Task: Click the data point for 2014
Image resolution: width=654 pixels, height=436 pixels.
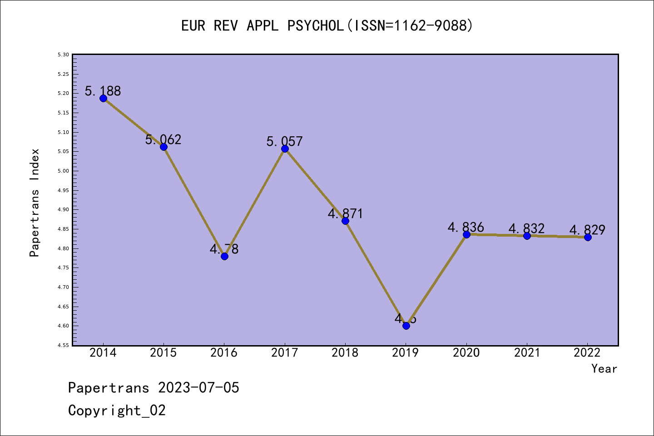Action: (x=103, y=98)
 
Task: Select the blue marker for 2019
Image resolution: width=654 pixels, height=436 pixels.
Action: (x=406, y=326)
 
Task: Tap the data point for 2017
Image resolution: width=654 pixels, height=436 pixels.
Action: (x=285, y=149)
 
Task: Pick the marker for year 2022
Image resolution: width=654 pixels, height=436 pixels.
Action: (x=588, y=237)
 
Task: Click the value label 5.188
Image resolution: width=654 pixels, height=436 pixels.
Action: (x=103, y=91)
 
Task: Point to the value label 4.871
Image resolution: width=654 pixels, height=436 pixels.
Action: (x=346, y=213)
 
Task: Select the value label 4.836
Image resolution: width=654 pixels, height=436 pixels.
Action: (x=466, y=227)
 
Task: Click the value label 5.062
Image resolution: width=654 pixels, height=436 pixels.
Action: (x=163, y=139)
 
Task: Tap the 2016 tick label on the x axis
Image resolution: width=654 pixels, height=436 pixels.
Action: (x=224, y=353)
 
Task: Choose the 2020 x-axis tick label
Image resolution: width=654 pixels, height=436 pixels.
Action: (x=466, y=353)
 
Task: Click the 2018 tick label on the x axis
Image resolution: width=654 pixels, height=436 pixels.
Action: (x=345, y=353)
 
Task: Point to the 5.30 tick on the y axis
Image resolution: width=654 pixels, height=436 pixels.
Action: (x=63, y=54)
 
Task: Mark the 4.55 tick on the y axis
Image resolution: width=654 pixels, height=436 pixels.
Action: (x=63, y=345)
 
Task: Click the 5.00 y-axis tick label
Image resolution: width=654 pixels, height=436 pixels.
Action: (x=63, y=171)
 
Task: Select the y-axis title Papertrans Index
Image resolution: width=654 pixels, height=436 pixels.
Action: (x=35, y=202)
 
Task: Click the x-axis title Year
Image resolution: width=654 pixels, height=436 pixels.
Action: (x=604, y=369)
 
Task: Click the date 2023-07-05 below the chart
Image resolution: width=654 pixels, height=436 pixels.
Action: (x=198, y=388)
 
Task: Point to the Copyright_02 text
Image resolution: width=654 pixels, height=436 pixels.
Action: (x=117, y=411)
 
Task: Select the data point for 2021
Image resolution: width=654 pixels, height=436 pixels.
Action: (x=527, y=236)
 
